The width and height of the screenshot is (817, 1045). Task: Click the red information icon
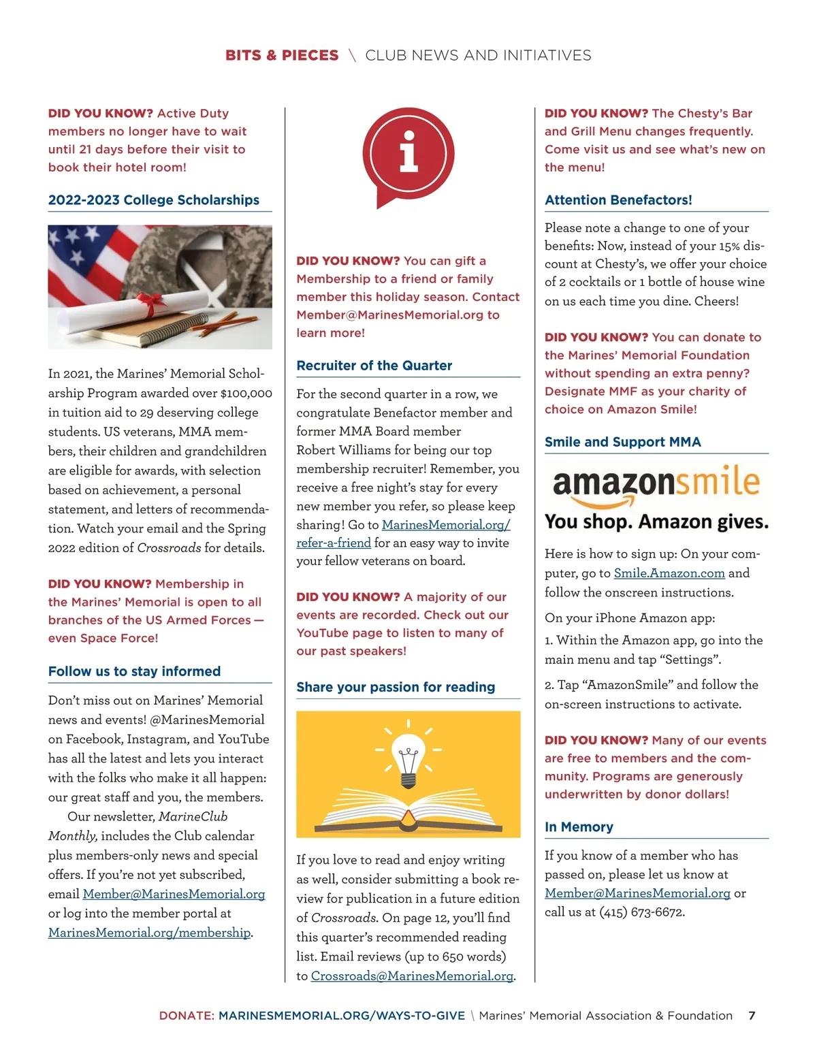408,152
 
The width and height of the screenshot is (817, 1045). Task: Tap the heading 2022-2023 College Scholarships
153,200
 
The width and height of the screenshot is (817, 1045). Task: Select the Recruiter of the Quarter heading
374,366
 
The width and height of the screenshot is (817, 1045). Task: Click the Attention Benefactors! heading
618,200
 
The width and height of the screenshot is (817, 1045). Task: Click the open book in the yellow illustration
408,810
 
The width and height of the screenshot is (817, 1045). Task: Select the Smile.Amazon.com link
669,573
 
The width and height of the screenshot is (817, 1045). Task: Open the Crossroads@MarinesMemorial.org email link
412,976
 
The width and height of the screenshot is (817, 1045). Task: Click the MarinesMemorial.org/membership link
149,932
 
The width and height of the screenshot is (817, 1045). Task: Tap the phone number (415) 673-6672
641,912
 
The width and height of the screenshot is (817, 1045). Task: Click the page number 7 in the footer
752,1016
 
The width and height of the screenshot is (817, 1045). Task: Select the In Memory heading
579,827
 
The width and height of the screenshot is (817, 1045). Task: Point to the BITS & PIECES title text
282,55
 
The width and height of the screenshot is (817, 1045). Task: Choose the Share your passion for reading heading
396,687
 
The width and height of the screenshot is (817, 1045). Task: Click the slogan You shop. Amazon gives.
656,522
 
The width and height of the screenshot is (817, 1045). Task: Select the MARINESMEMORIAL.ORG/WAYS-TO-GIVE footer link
342,1016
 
